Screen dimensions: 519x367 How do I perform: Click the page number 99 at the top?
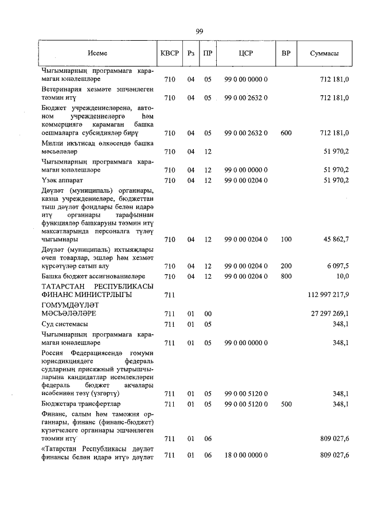point(198,32)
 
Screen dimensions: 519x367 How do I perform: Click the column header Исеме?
point(97,53)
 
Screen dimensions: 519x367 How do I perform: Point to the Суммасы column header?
point(323,53)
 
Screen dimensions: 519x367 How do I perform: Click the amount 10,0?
point(343,276)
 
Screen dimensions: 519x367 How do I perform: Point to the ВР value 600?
point(286,132)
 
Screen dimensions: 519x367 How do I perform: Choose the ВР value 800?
point(286,276)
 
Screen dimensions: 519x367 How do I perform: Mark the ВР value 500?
point(286,404)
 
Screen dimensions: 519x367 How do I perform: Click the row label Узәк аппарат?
point(63,180)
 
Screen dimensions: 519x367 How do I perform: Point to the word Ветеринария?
point(61,89)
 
